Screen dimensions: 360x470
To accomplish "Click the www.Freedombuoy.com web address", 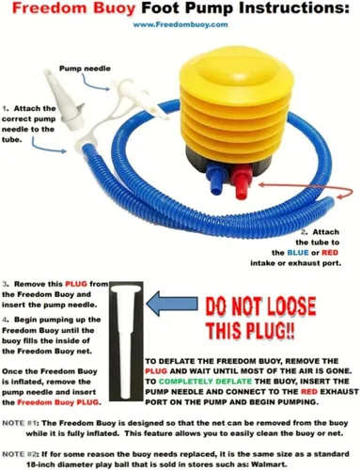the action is click(x=180, y=24).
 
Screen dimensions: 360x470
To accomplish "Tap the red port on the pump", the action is click(x=242, y=181).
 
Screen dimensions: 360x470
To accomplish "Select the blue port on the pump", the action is click(x=215, y=179).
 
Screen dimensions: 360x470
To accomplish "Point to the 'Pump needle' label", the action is click(x=85, y=69).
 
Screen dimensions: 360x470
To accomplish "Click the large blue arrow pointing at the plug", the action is click(x=172, y=304).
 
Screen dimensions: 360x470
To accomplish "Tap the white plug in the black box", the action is click(x=126, y=341).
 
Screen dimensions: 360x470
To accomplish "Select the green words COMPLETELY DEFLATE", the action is click(x=205, y=382).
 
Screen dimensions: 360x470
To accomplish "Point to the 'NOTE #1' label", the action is click(x=20, y=423).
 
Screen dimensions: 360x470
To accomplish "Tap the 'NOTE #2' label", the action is click(x=20, y=454).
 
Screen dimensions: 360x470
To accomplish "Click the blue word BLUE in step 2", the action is click(x=298, y=253).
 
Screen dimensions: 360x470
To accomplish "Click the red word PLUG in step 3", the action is click(x=76, y=284).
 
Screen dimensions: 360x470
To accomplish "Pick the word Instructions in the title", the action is click(x=293, y=8).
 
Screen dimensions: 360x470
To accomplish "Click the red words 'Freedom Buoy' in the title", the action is click(x=74, y=8).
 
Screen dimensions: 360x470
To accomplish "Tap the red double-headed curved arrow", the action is click(x=305, y=190).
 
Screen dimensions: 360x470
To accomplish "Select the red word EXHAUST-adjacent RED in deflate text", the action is click(x=309, y=392).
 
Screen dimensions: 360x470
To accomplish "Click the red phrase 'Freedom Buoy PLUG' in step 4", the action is click(x=57, y=402).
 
